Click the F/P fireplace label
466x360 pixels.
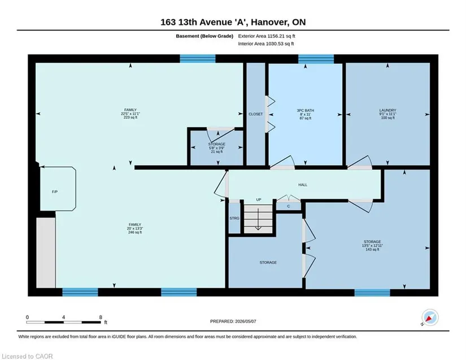55,192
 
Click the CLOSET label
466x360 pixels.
255,114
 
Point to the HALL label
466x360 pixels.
303,185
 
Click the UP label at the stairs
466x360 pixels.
259,199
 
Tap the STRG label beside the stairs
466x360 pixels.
234,219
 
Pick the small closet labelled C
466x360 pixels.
288,206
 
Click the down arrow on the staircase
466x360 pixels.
258,219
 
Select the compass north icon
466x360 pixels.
430,318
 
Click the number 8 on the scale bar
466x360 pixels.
101,317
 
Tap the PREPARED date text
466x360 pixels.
233,322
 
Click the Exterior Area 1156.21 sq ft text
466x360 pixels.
267,36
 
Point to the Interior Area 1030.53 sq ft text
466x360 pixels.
266,44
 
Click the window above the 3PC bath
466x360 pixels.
316,59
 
